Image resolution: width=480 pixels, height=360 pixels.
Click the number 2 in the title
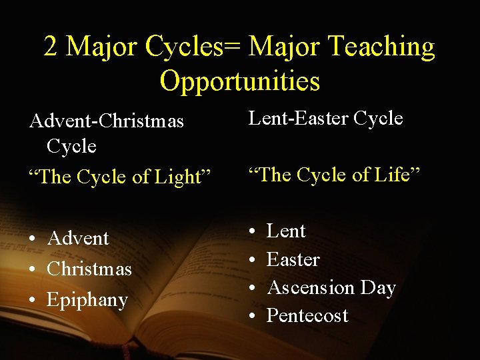pos(51,47)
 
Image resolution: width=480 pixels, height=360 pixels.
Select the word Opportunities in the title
pos(240,81)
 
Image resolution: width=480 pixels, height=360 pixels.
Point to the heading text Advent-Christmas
pos(106,122)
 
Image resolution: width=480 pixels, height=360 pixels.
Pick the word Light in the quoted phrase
pos(180,177)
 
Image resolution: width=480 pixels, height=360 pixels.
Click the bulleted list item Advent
pos(78,238)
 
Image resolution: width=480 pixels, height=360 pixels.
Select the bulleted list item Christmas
pos(89,269)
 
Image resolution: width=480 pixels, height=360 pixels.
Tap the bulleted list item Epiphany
pos(87,300)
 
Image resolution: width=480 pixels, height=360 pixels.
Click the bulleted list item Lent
pos(286,231)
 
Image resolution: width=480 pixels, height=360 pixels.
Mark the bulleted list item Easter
pos(293,259)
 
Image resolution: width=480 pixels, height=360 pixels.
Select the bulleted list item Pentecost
pos(307,315)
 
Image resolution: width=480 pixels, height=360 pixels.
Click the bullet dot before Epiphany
pos(33,301)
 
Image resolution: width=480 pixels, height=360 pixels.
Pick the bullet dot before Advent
pos(33,239)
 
